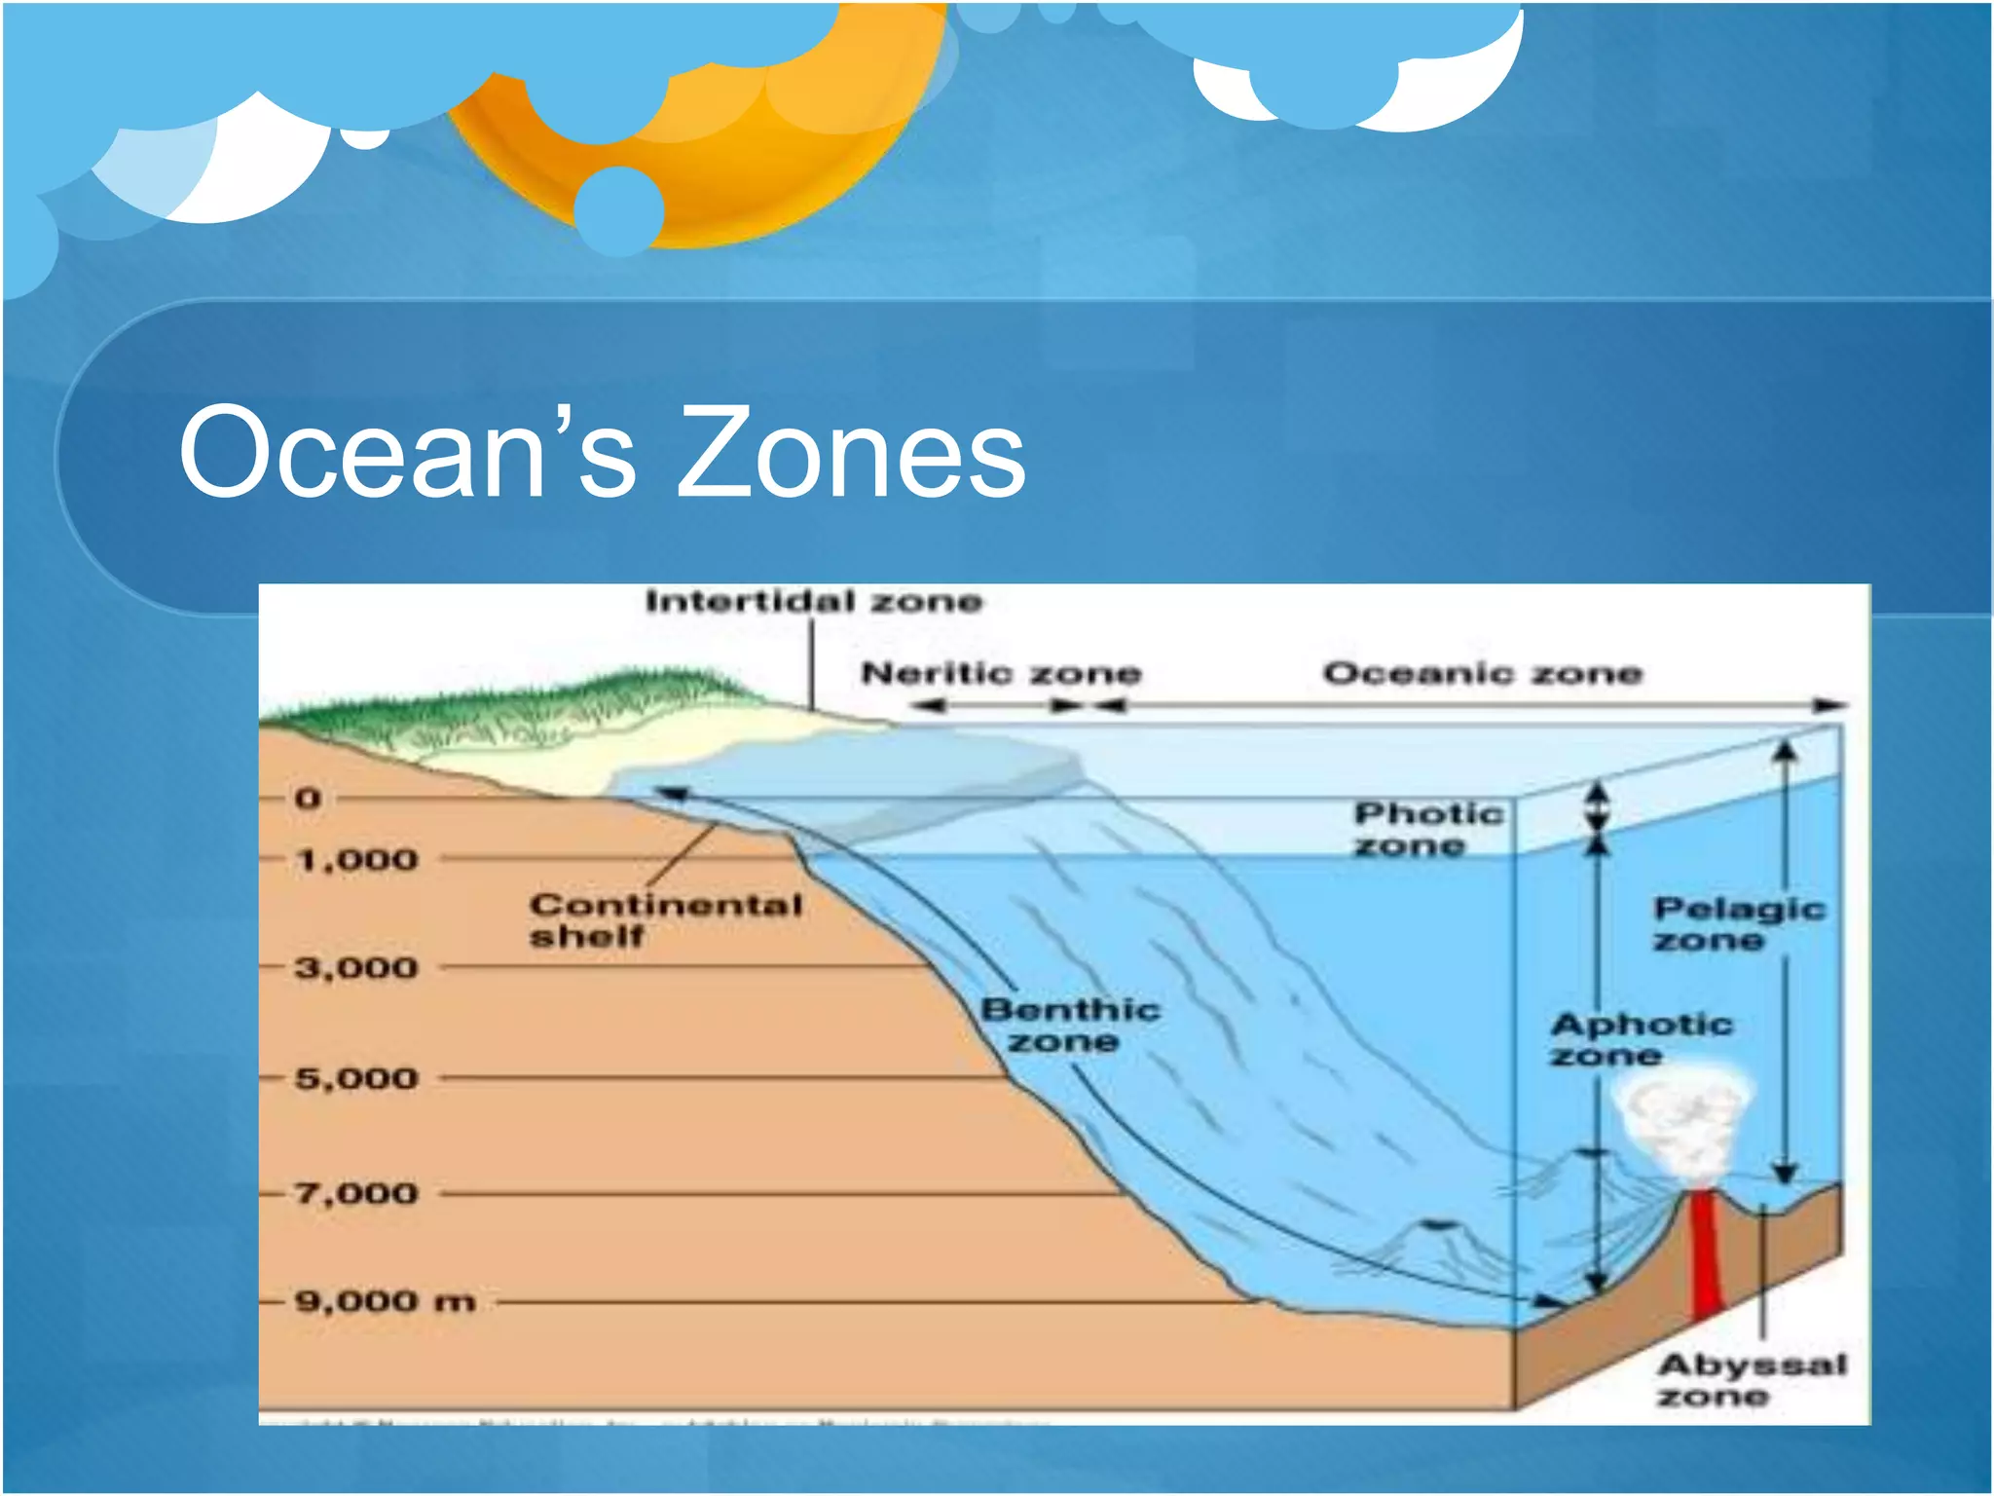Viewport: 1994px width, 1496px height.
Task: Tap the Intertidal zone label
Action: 814,602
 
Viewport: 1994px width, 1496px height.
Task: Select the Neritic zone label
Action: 1001,673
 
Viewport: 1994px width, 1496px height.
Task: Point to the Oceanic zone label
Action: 1482,673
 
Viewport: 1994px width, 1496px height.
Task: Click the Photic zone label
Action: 1428,829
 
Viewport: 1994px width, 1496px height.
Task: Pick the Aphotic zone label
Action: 1642,1039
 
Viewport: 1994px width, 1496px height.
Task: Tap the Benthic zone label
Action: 1069,1025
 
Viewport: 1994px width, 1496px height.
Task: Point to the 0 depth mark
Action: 308,799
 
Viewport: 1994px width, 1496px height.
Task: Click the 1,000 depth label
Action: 357,860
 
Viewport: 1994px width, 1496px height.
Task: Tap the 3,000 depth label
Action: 357,968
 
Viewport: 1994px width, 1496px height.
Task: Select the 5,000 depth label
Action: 357,1078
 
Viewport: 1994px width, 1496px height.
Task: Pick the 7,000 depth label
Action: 357,1193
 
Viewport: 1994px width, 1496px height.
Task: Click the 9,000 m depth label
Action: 386,1301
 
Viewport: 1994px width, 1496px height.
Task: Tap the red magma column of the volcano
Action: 1705,1256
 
